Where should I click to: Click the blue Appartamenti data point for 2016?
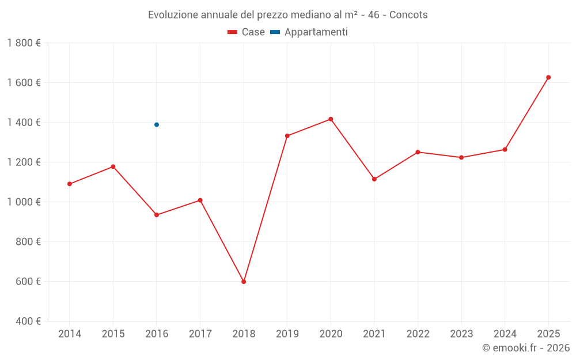click(x=157, y=124)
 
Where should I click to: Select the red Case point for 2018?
click(x=244, y=282)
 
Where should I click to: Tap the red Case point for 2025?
click(x=548, y=77)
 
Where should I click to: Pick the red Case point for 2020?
click(x=331, y=119)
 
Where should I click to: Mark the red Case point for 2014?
click(x=70, y=184)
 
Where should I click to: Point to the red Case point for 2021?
click(x=374, y=179)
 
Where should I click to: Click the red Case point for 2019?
click(x=287, y=136)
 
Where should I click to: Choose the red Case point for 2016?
click(x=157, y=215)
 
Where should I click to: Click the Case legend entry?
click(x=247, y=32)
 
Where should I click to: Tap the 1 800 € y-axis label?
click(x=24, y=43)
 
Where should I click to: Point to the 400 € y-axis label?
click(x=28, y=321)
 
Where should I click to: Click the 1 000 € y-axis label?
click(x=24, y=202)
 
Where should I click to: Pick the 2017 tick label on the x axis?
click(x=200, y=334)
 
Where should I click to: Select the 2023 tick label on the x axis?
click(x=461, y=334)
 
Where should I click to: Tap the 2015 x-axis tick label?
click(x=113, y=334)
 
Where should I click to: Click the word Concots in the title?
click(x=408, y=15)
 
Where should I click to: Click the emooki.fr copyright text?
click(x=525, y=348)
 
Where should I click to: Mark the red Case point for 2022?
click(x=418, y=152)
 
